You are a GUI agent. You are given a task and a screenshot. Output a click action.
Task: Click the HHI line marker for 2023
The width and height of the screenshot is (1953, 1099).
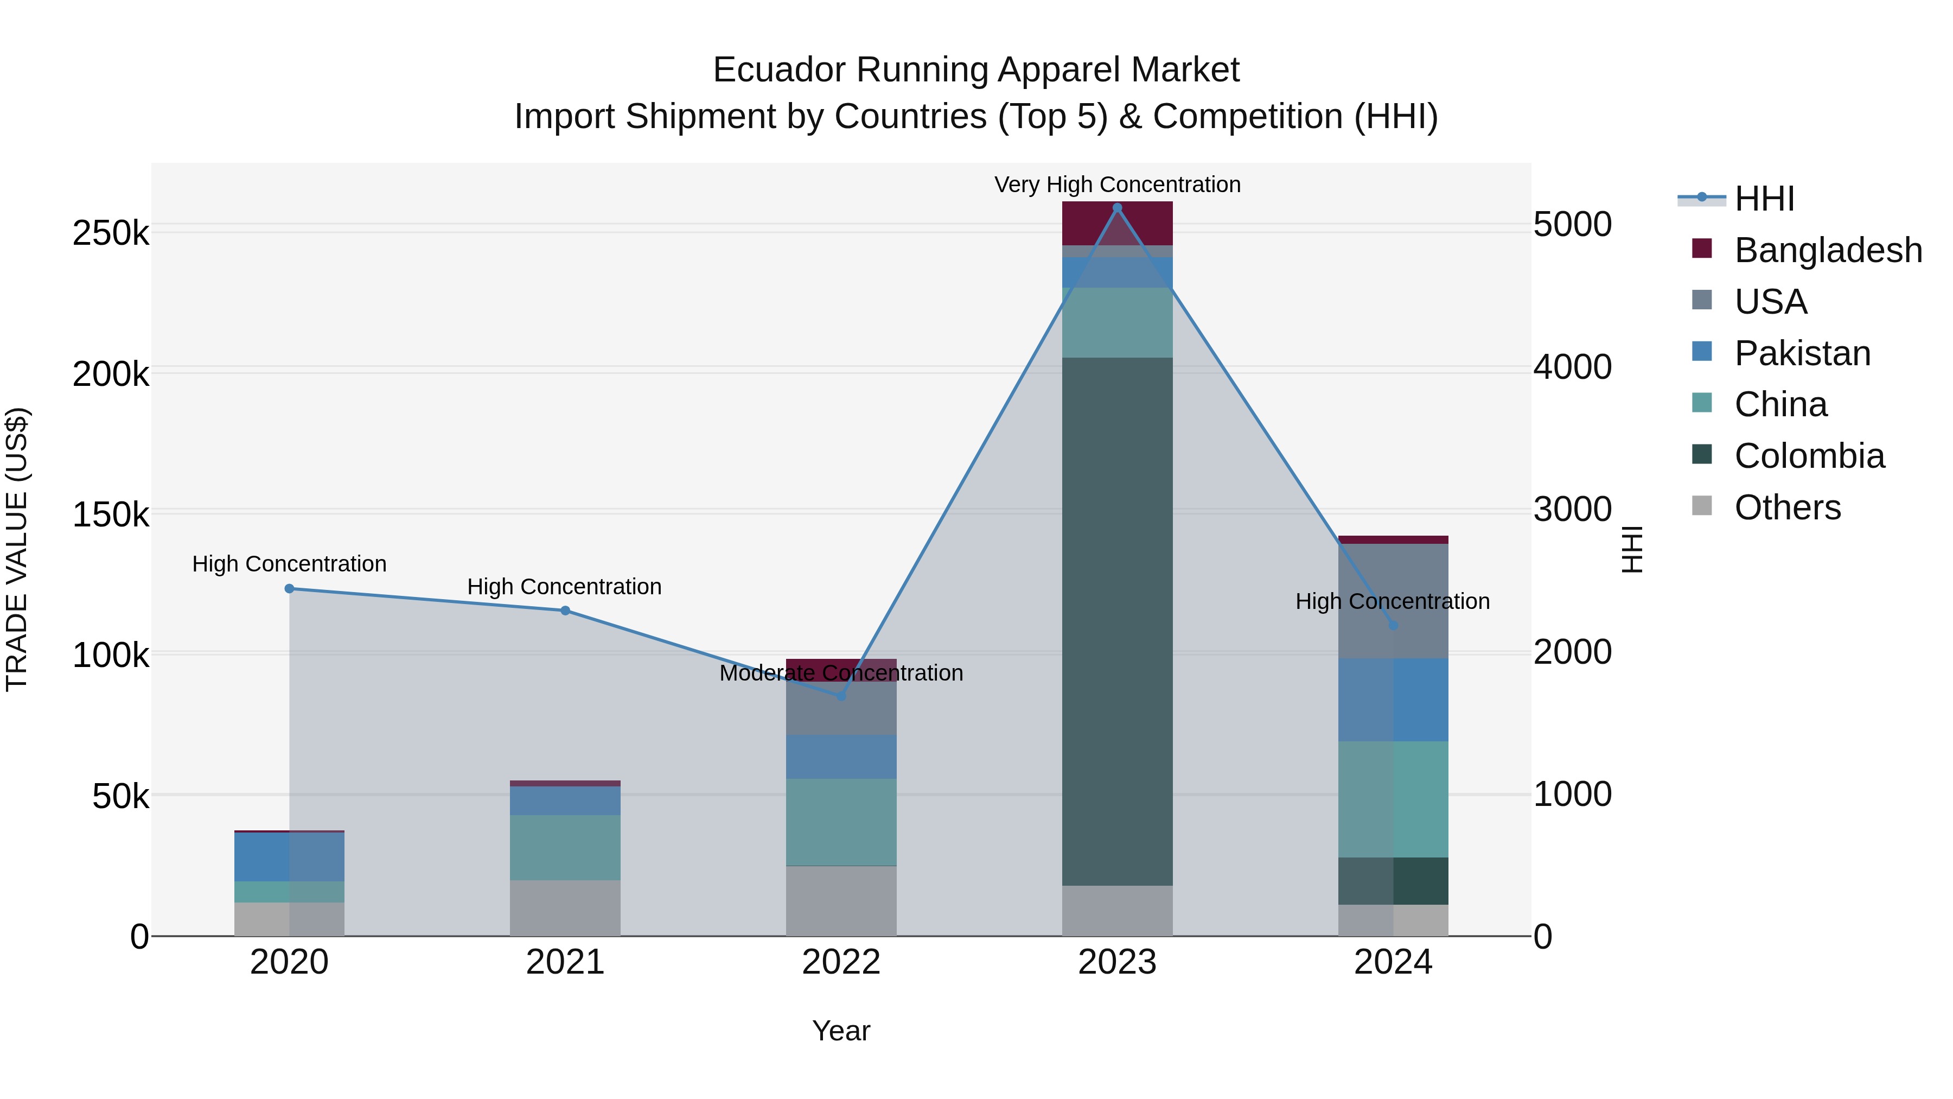[x=1117, y=207]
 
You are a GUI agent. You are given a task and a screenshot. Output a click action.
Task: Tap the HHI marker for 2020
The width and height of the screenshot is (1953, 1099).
[x=289, y=588]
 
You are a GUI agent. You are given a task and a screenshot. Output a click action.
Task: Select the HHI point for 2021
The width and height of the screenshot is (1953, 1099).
[x=565, y=611]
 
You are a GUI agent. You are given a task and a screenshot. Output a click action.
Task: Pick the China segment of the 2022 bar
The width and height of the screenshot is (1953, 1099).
[x=841, y=822]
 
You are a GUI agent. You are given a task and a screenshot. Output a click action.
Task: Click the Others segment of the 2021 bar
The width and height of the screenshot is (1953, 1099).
[x=565, y=908]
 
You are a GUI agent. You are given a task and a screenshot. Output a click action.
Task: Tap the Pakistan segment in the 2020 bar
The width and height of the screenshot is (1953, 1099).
[x=289, y=857]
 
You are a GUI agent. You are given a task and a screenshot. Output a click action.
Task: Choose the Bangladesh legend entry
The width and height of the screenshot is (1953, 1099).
[x=1827, y=250]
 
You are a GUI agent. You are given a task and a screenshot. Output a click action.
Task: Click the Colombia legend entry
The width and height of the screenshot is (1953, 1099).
[x=1808, y=456]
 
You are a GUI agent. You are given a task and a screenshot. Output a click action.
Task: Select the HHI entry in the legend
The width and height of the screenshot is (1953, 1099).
[x=1764, y=199]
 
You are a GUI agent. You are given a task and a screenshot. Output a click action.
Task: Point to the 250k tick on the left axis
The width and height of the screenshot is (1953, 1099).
[x=111, y=233]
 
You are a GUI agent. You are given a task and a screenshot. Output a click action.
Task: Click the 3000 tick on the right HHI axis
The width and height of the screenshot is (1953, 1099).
[x=1572, y=509]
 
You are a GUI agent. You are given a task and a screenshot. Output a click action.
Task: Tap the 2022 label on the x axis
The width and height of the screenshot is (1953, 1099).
[x=841, y=962]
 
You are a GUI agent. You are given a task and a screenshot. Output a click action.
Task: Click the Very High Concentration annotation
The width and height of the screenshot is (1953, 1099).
[x=1117, y=185]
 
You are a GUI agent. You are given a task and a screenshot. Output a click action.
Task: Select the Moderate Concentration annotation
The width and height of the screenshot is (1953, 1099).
[x=841, y=673]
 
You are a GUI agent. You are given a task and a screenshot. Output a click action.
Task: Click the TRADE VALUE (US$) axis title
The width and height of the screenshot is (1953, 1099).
[x=17, y=549]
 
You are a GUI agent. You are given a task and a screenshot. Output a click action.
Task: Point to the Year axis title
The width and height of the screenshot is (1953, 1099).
[x=841, y=1031]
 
